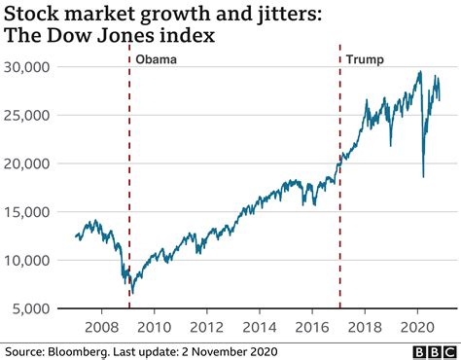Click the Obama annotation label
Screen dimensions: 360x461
coord(156,59)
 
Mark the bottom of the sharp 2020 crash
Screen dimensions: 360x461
coord(423,176)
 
